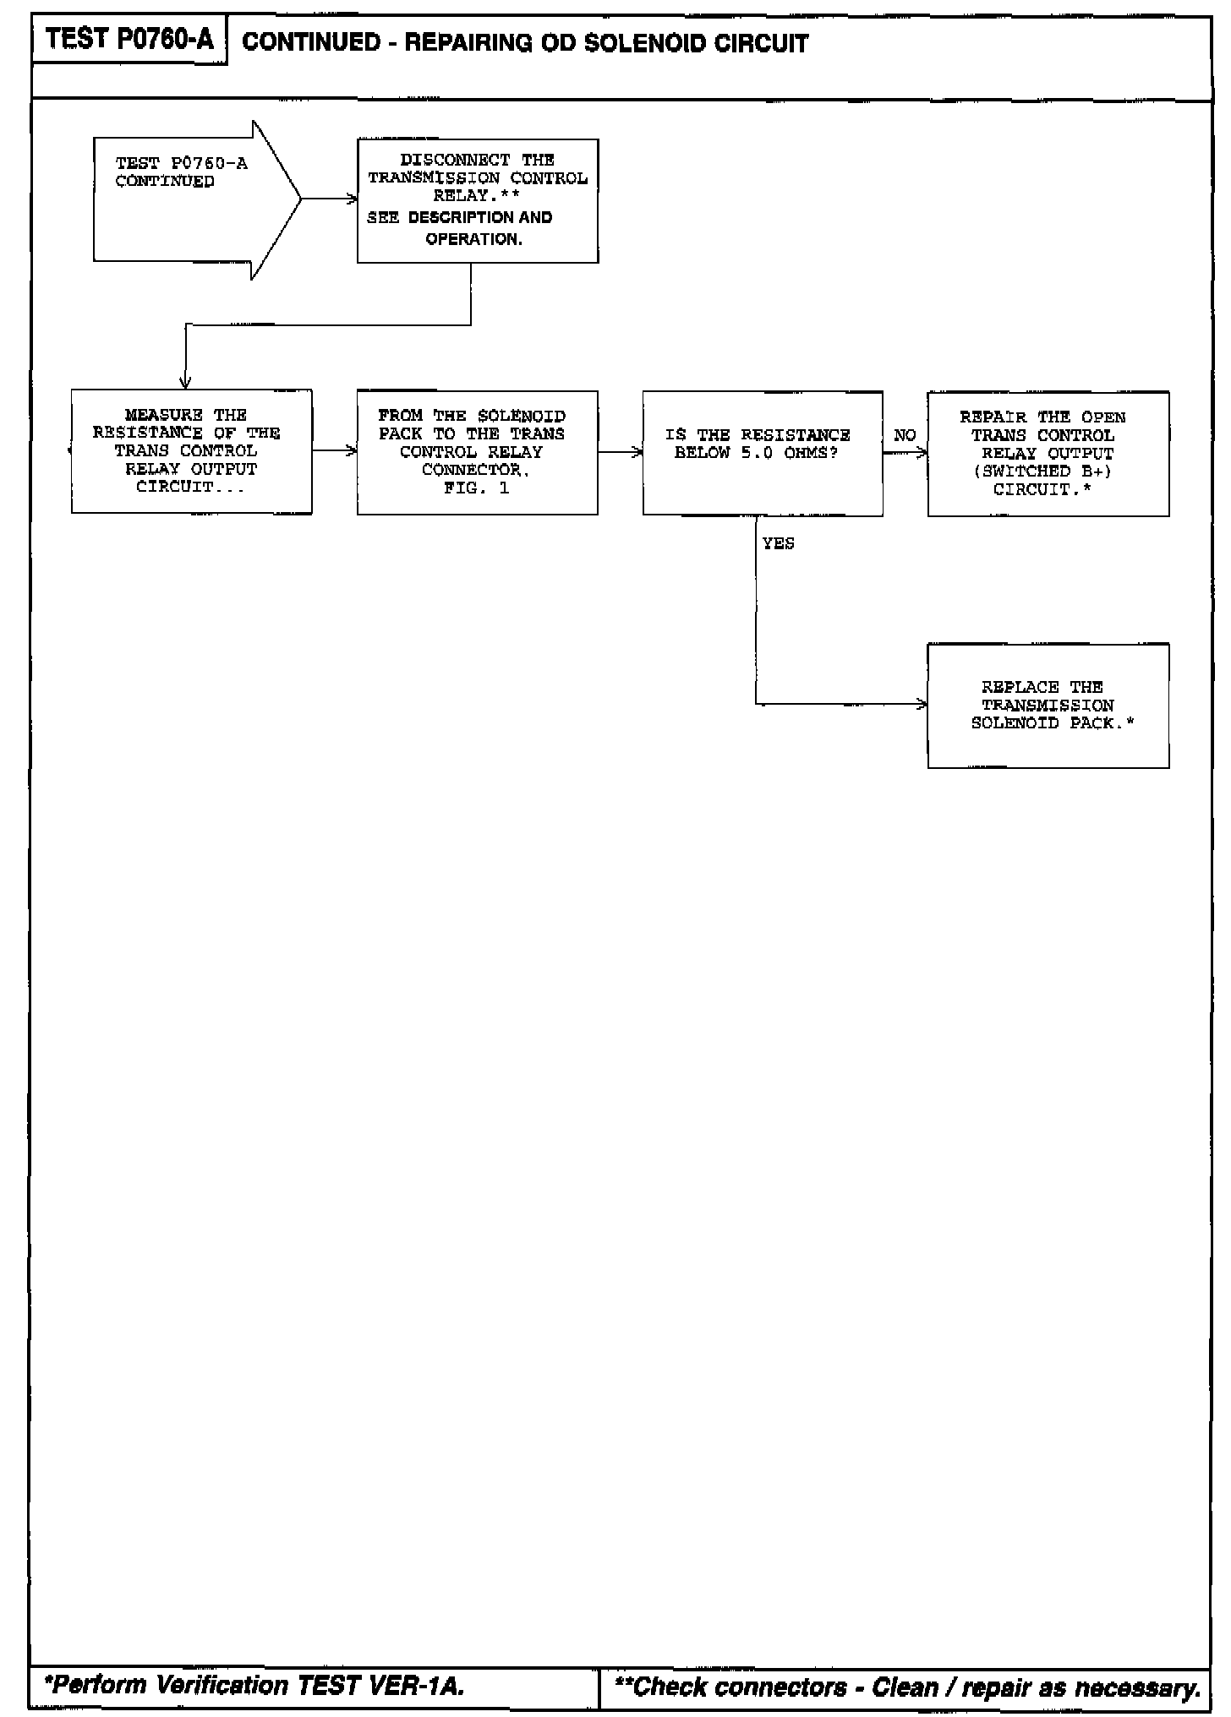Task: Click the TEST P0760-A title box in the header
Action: click(x=129, y=40)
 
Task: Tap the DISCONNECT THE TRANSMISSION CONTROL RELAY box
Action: click(x=478, y=201)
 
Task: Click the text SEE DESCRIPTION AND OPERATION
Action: click(x=461, y=228)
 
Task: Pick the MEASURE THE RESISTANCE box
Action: click(x=191, y=451)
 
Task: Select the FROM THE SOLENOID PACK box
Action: click(x=477, y=452)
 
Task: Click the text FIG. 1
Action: click(x=476, y=488)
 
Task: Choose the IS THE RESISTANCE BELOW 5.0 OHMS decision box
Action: click(x=762, y=453)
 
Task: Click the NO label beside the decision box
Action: click(x=905, y=435)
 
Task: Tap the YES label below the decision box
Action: click(x=778, y=543)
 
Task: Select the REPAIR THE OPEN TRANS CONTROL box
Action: click(x=1048, y=454)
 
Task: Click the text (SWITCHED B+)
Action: click(x=1042, y=471)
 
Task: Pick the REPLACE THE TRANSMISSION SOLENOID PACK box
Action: click(x=1048, y=706)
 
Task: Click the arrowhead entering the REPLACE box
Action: click(x=922, y=704)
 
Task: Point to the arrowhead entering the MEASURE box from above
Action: click(x=185, y=383)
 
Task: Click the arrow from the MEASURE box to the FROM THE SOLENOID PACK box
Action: click(x=334, y=451)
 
